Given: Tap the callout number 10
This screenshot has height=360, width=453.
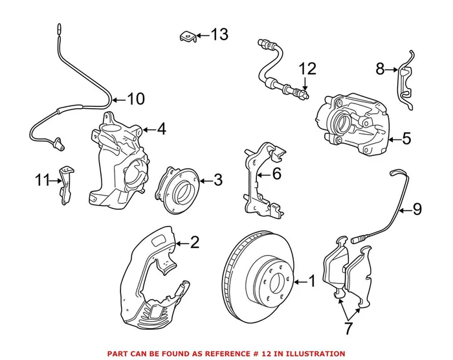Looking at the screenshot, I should [x=135, y=99].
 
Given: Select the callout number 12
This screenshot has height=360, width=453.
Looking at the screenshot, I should [x=306, y=68].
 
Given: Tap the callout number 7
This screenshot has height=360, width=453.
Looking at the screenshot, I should [x=349, y=328].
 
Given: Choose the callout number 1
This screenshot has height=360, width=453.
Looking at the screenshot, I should [x=311, y=282].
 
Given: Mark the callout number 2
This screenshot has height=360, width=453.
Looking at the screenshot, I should [x=194, y=243].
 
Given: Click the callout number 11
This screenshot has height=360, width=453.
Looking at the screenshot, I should [x=42, y=179].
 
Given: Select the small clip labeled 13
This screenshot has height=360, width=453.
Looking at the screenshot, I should [x=186, y=38].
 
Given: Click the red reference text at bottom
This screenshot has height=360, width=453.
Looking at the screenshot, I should [x=226, y=354].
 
